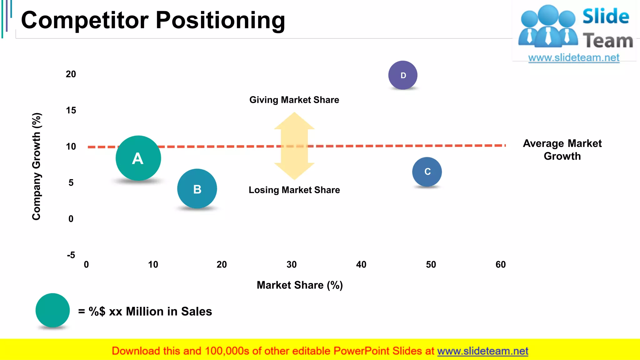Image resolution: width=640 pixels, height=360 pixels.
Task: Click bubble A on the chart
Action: coord(138,158)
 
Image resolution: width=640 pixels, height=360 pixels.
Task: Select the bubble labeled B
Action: coord(197,189)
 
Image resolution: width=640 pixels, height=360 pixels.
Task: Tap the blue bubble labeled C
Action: coord(427,172)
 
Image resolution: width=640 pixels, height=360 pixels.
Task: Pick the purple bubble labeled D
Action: coord(403,75)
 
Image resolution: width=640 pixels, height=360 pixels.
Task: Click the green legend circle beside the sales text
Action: coord(52,310)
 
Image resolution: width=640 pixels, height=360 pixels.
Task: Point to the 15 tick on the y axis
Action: coord(71,110)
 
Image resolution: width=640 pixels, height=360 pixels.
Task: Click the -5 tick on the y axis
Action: coord(71,255)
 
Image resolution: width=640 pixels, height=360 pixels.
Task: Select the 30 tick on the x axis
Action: coord(292,265)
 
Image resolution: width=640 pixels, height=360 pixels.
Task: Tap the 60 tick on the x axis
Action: coord(501,265)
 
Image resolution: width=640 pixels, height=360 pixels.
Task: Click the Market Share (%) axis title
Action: coord(300,285)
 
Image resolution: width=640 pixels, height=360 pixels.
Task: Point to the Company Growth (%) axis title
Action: coord(37,166)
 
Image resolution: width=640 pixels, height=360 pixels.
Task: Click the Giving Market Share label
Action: coord(294,100)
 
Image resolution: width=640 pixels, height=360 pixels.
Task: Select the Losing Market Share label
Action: coord(294,190)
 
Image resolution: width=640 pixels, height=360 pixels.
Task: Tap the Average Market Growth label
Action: coord(562,150)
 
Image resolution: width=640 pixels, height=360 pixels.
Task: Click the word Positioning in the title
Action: coord(220,20)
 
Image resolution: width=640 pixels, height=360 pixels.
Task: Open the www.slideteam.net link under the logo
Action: coord(574,58)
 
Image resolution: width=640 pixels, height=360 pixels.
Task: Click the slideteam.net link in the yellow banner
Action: coord(482,351)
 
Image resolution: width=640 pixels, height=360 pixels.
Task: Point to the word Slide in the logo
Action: coord(606,17)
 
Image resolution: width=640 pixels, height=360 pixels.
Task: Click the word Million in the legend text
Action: coord(145,312)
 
